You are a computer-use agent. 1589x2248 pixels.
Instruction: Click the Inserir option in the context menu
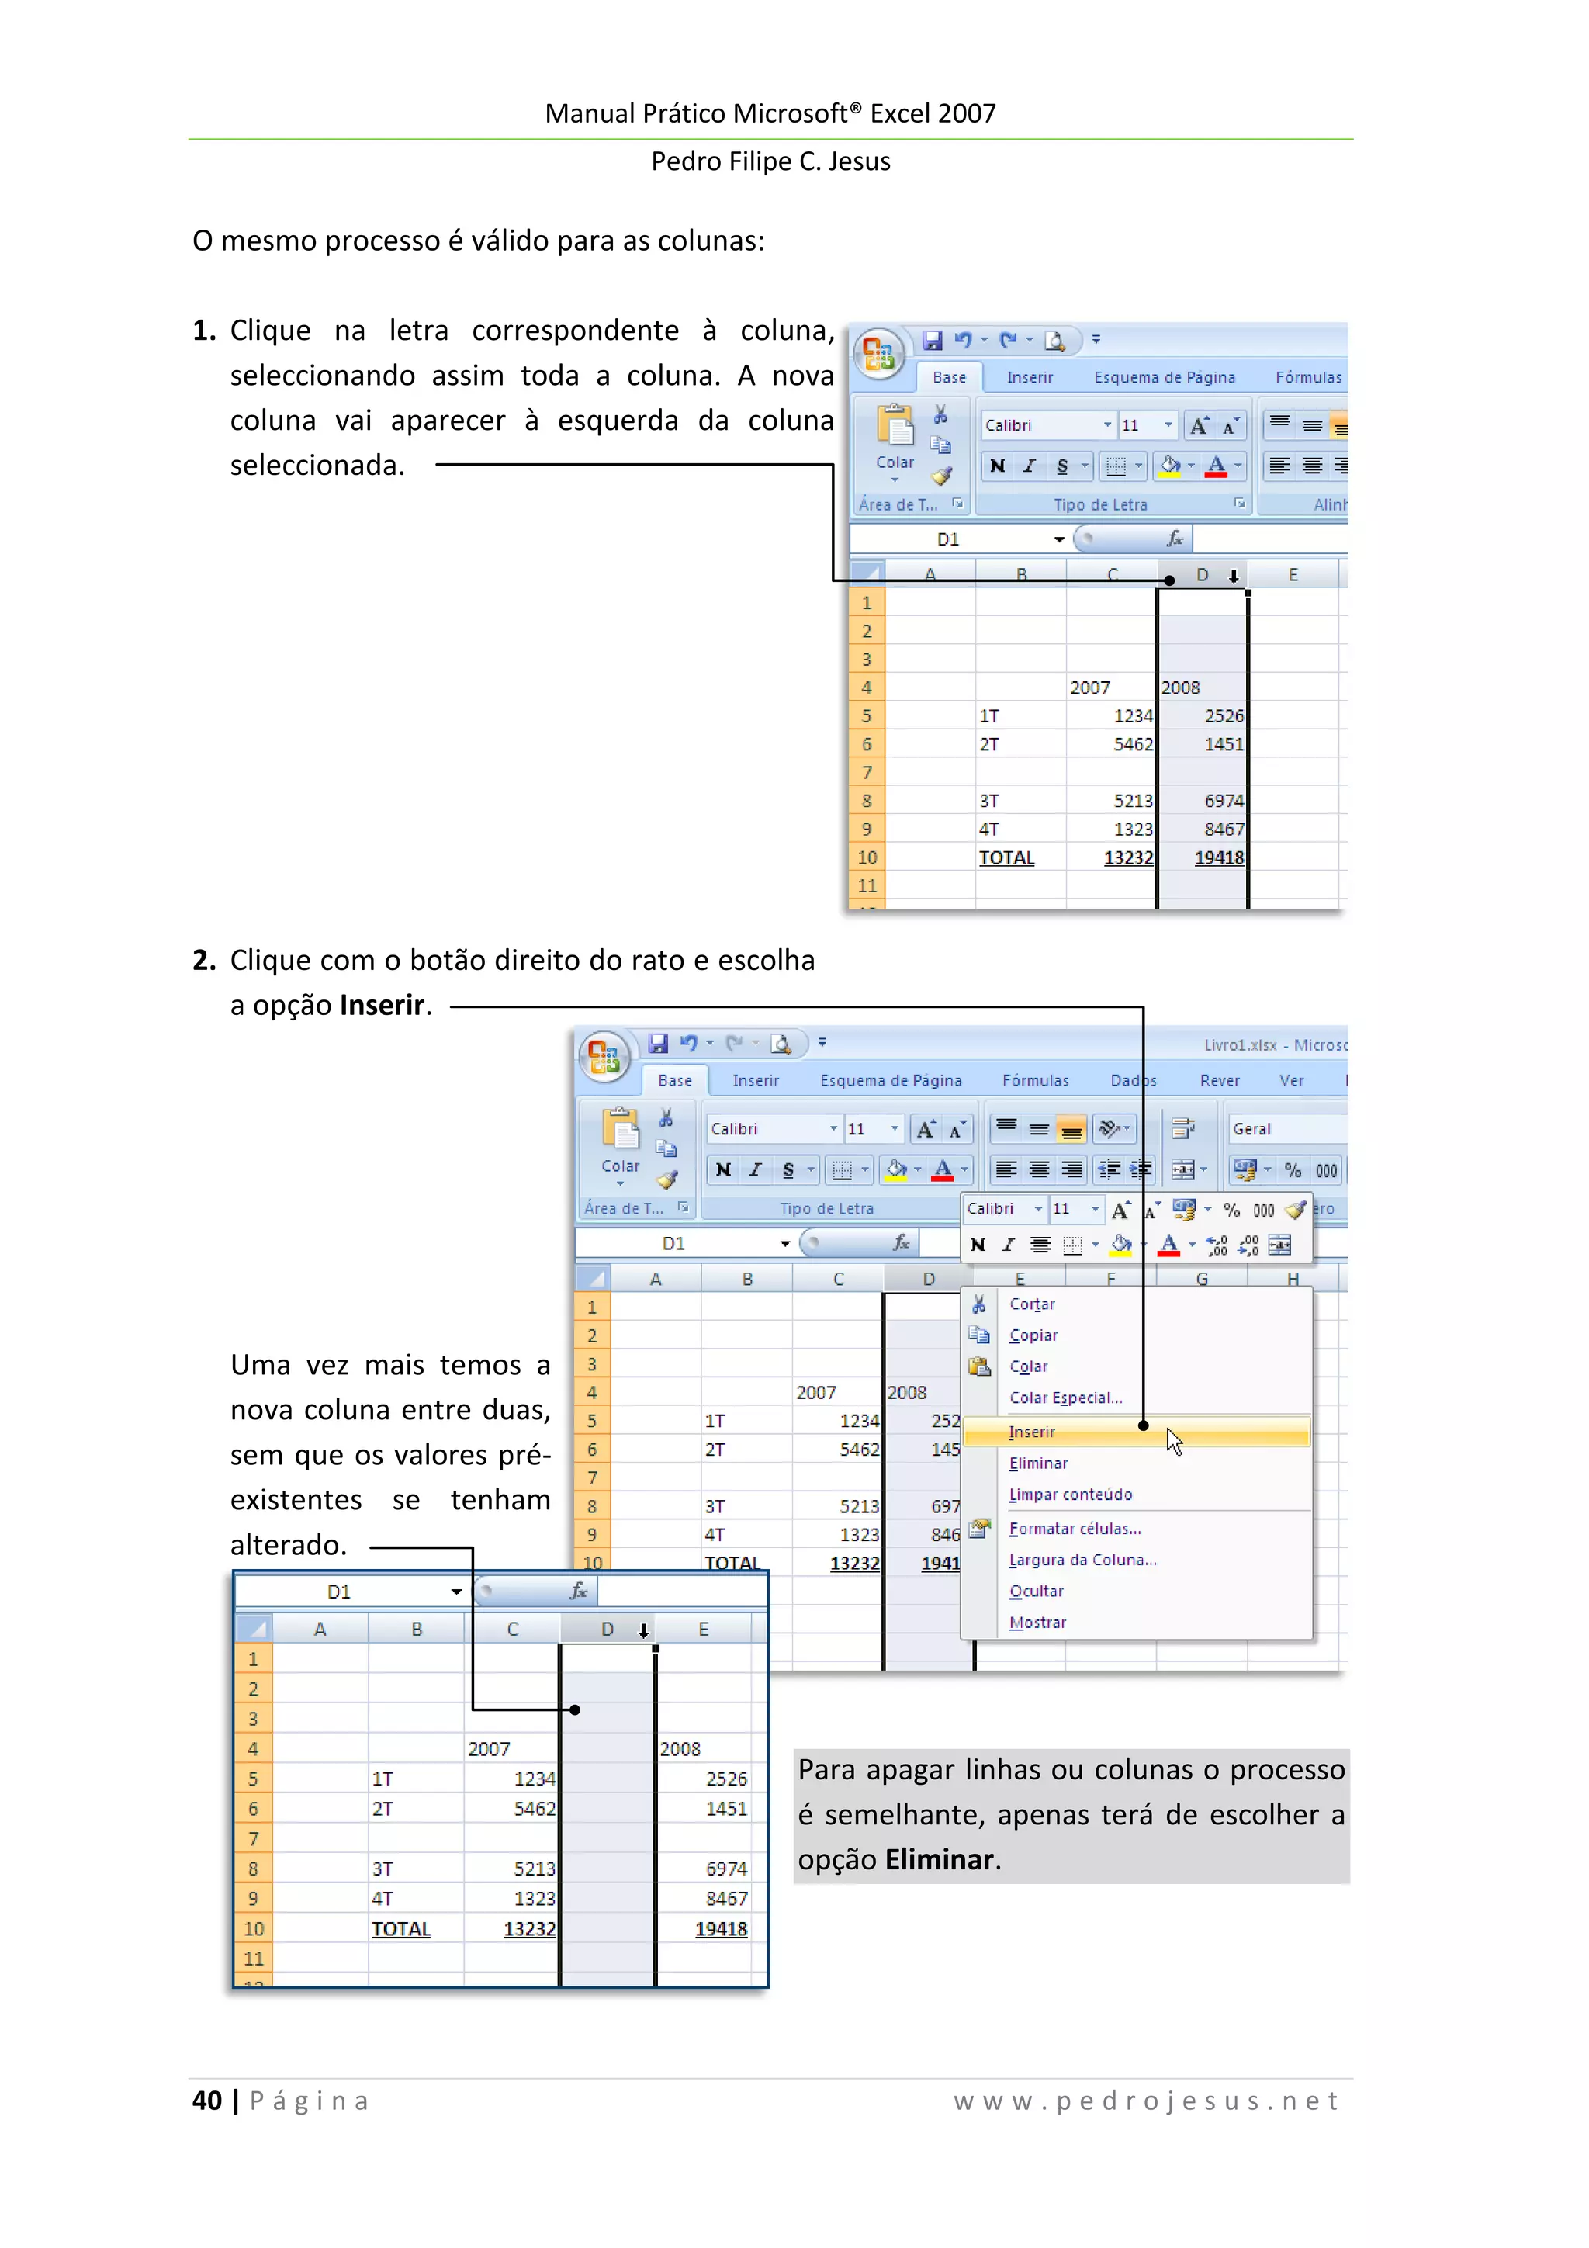pyautogui.click(x=1032, y=1432)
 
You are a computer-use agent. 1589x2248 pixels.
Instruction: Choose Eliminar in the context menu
pyautogui.click(x=1038, y=1463)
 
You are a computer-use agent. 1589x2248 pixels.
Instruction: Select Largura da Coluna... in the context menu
pyautogui.click(x=1082, y=1560)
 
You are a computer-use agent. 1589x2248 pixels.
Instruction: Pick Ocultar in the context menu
pyautogui.click(x=1036, y=1591)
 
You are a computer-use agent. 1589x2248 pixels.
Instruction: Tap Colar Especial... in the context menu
pyautogui.click(x=1065, y=1398)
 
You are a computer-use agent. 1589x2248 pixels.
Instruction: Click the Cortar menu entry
pyautogui.click(x=1032, y=1304)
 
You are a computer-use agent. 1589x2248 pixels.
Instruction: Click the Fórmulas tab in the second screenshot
pyautogui.click(x=1035, y=1081)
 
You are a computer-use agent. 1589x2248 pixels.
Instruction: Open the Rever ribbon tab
pyautogui.click(x=1219, y=1081)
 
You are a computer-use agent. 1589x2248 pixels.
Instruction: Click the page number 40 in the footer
pyautogui.click(x=206, y=2100)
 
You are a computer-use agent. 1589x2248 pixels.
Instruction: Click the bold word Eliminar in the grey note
pyautogui.click(x=939, y=1859)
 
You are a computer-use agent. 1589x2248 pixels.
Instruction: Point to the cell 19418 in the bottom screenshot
pyautogui.click(x=721, y=1929)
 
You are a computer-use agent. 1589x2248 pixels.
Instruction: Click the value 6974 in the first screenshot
pyautogui.click(x=1224, y=801)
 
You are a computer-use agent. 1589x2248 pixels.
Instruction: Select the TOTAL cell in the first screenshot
pyautogui.click(x=1006, y=857)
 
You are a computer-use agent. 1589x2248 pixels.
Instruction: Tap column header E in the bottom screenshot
pyautogui.click(x=703, y=1630)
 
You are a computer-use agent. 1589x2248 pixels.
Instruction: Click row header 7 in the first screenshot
pyautogui.click(x=867, y=773)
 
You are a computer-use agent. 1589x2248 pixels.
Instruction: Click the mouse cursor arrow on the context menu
pyautogui.click(x=1174, y=1440)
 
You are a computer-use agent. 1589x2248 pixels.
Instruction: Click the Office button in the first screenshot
pyautogui.click(x=878, y=353)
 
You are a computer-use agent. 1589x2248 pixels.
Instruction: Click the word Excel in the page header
pyautogui.click(x=901, y=113)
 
